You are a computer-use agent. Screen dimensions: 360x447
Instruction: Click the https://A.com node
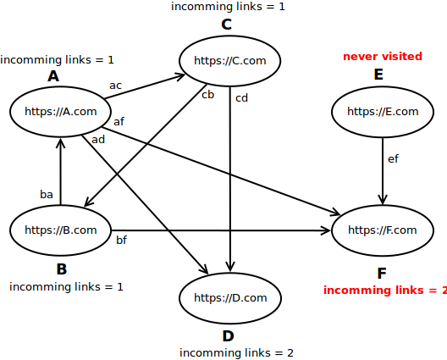tap(61, 111)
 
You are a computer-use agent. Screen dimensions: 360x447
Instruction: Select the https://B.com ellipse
tap(61, 230)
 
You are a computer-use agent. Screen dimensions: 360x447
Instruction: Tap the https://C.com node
tap(229, 60)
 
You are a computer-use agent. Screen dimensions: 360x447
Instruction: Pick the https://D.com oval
tap(230, 297)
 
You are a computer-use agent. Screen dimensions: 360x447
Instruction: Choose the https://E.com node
tap(383, 111)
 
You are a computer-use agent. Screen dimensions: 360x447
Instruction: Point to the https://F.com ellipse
tap(383, 230)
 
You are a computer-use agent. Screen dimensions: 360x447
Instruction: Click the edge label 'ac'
tap(115, 86)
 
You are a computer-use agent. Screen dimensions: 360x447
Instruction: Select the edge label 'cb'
tap(207, 94)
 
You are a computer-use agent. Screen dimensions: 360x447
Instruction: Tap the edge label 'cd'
tap(241, 97)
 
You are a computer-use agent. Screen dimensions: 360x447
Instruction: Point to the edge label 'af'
tap(119, 122)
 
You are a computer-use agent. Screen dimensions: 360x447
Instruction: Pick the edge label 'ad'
tap(98, 139)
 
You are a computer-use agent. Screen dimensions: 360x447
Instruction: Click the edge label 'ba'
tap(47, 194)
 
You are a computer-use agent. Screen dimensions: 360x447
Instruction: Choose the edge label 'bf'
tap(121, 241)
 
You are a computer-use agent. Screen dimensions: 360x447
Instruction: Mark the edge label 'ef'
tap(393, 158)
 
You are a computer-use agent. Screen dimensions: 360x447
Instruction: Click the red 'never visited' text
tap(382, 57)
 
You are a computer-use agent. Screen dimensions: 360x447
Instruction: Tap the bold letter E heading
tap(378, 75)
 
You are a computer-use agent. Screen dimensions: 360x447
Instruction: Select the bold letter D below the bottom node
tap(228, 336)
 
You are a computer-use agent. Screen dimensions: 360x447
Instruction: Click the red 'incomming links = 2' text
tap(385, 291)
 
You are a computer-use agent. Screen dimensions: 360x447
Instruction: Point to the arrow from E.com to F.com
tap(383, 169)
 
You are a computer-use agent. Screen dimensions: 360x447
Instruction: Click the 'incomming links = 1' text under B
tap(66, 286)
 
